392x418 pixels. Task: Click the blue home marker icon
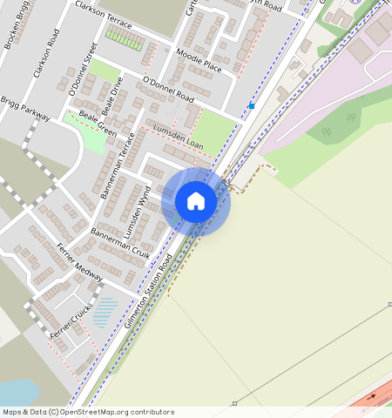196,201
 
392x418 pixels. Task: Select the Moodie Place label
199,61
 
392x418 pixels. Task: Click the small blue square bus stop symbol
251,106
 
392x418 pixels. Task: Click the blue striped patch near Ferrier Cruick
105,311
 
